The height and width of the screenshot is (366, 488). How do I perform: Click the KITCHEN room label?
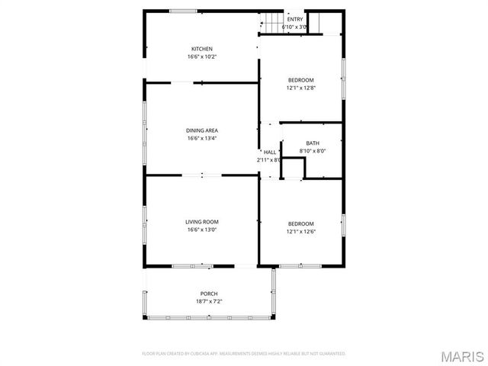[x=202, y=49]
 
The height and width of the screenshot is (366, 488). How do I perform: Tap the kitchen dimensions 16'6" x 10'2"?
[x=202, y=56]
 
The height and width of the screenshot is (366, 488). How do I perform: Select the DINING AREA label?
[x=202, y=130]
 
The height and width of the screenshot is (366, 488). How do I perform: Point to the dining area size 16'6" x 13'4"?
[x=202, y=138]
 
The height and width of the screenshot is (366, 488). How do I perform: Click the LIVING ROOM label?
[x=202, y=222]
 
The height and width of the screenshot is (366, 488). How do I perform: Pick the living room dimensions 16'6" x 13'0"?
[x=202, y=230]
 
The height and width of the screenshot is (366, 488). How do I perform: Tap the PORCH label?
[x=209, y=294]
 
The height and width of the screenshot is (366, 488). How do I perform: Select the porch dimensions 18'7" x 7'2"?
[x=209, y=301]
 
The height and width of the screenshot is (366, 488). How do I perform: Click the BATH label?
[x=313, y=143]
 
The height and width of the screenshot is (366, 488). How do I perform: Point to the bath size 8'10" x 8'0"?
[x=313, y=151]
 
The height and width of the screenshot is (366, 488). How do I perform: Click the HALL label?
[x=270, y=152]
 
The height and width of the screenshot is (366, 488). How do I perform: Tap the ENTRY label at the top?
[x=294, y=19]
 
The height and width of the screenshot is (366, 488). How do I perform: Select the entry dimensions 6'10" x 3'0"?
[x=294, y=27]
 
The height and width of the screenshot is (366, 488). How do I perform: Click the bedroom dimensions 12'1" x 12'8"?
[x=300, y=88]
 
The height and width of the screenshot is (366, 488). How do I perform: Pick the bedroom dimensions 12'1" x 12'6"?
[x=300, y=231]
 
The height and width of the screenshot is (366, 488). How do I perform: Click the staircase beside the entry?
[x=272, y=23]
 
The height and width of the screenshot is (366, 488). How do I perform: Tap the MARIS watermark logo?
[x=464, y=356]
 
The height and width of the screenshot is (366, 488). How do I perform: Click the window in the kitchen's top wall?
[x=181, y=11]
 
